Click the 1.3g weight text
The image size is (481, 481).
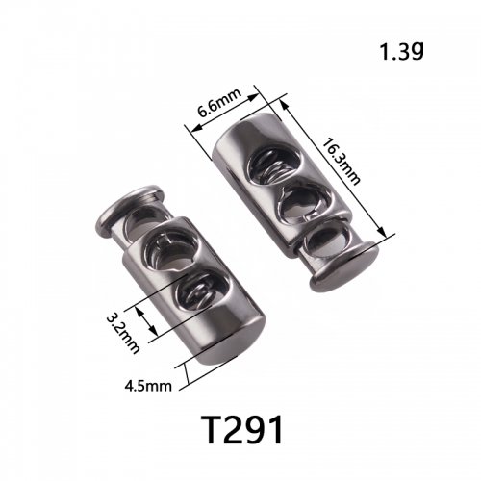coord(402,51)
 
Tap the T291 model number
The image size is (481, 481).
coord(242,430)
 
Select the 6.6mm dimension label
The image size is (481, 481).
coord(219,103)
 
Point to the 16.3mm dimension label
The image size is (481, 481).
coord(341,162)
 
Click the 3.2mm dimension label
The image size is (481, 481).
coord(123,333)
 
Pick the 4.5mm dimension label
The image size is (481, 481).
coord(148,386)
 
